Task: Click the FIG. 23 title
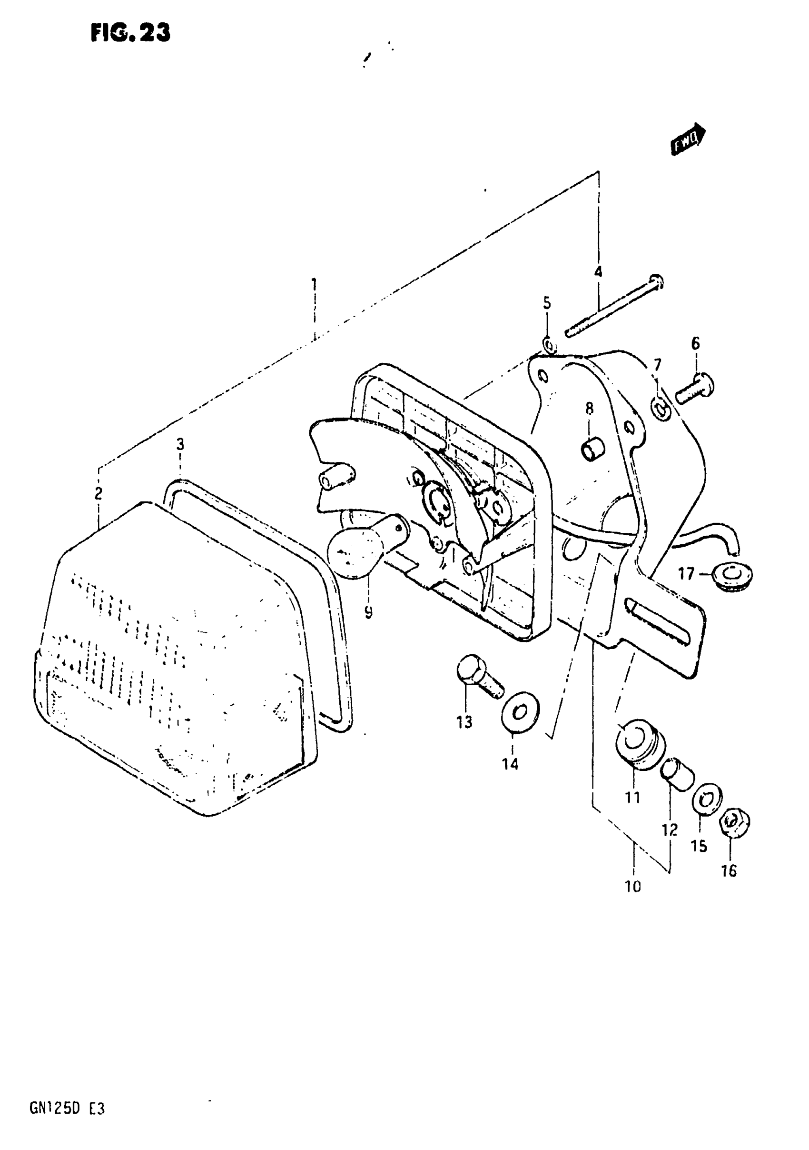tap(131, 33)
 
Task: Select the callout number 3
tap(180, 444)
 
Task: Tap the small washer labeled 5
tap(549, 345)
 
